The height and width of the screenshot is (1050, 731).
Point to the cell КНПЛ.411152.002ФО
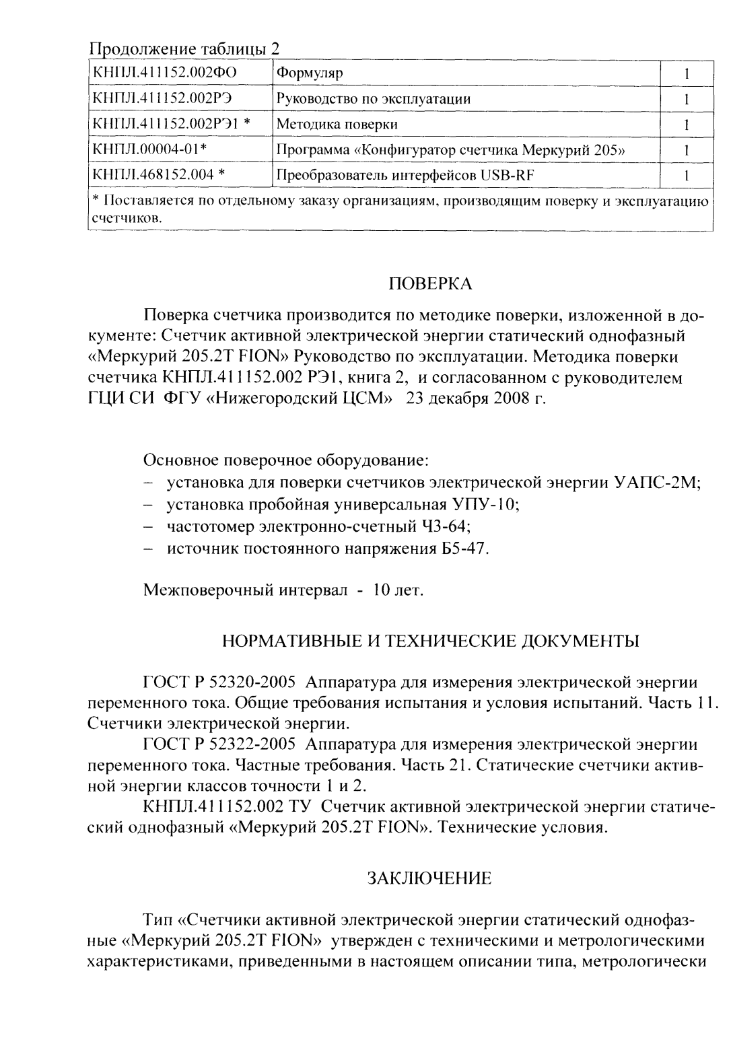(164, 73)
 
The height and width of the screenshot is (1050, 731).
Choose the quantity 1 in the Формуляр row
(686, 73)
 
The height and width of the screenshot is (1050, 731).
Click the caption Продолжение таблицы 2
(184, 49)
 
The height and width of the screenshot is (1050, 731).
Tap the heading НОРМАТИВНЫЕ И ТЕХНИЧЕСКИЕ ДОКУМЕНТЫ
(431, 640)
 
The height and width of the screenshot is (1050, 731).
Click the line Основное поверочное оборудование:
(286, 461)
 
